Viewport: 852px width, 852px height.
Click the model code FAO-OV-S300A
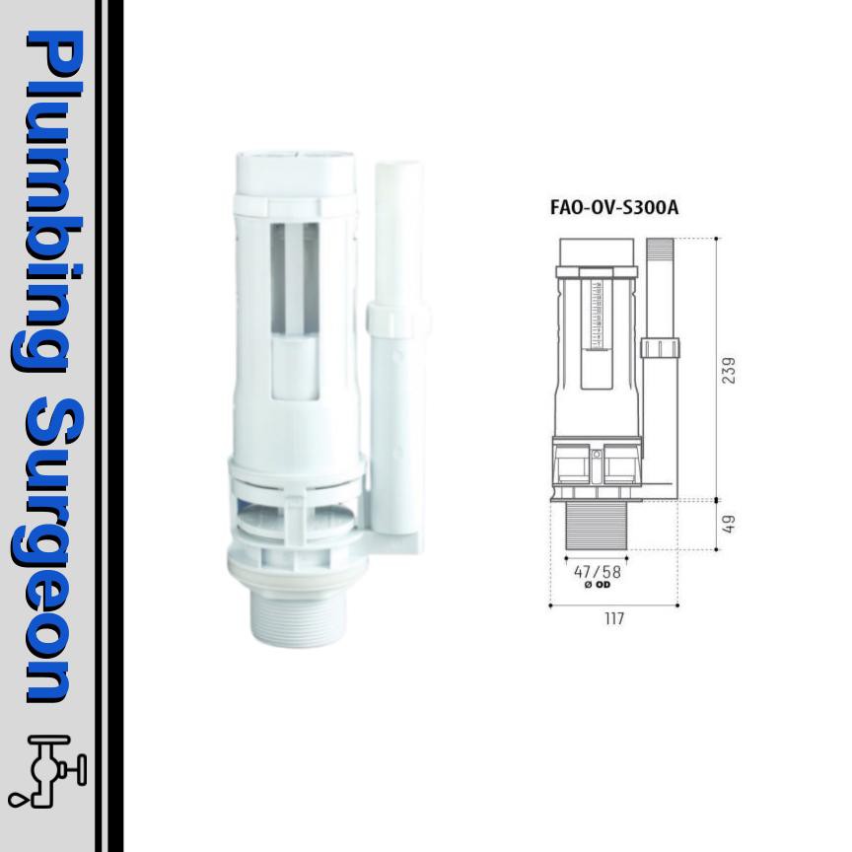tap(614, 210)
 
